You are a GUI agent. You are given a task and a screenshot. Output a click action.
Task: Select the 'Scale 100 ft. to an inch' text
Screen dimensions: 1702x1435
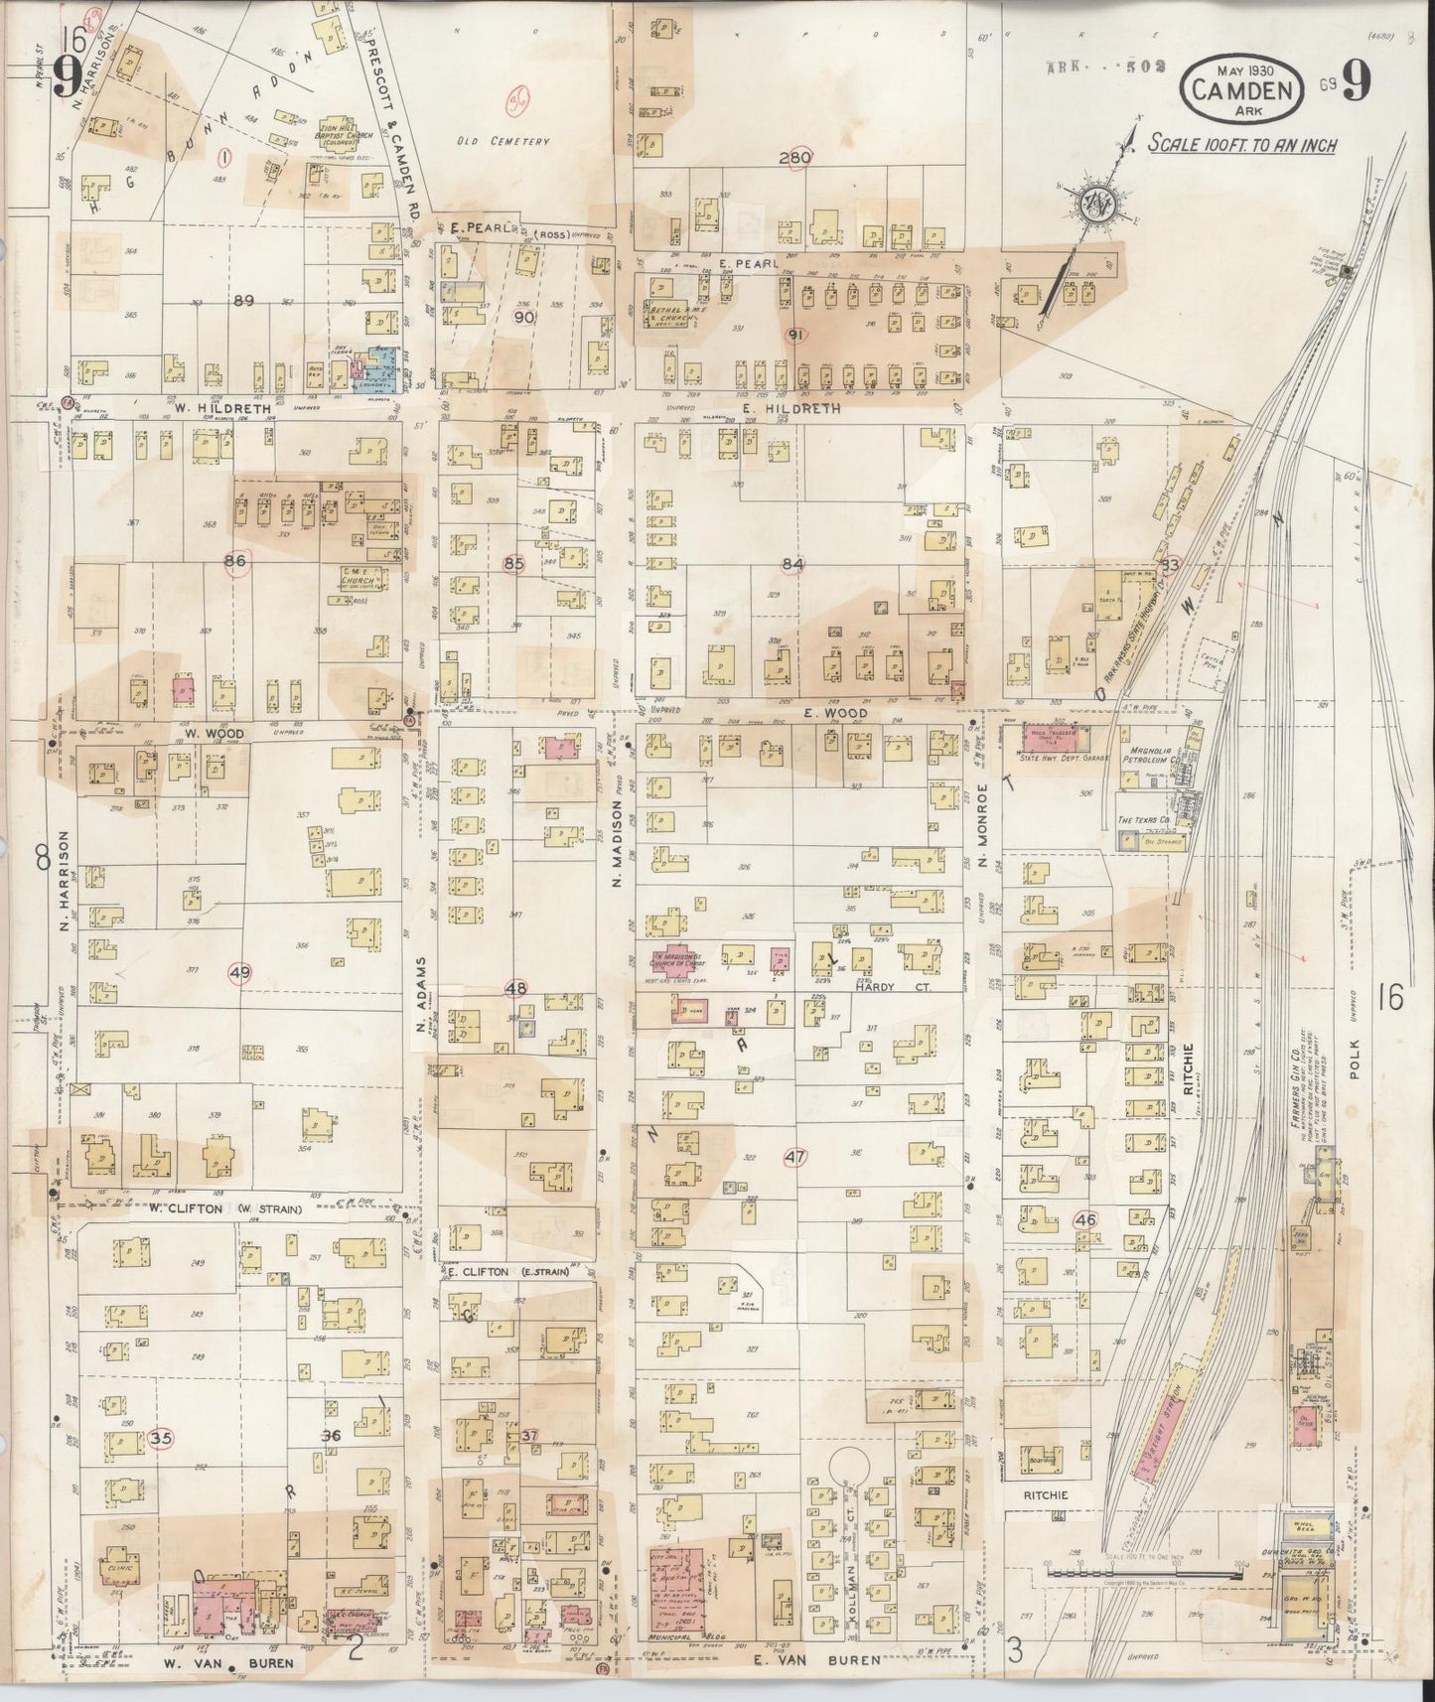pyautogui.click(x=1241, y=145)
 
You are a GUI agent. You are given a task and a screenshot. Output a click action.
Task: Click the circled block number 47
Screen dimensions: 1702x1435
pyautogui.click(x=794, y=1157)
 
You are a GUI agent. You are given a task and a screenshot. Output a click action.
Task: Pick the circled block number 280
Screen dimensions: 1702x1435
pyautogui.click(x=796, y=158)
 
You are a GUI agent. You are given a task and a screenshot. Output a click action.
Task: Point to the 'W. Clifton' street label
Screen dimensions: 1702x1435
pyautogui.click(x=157, y=1207)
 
